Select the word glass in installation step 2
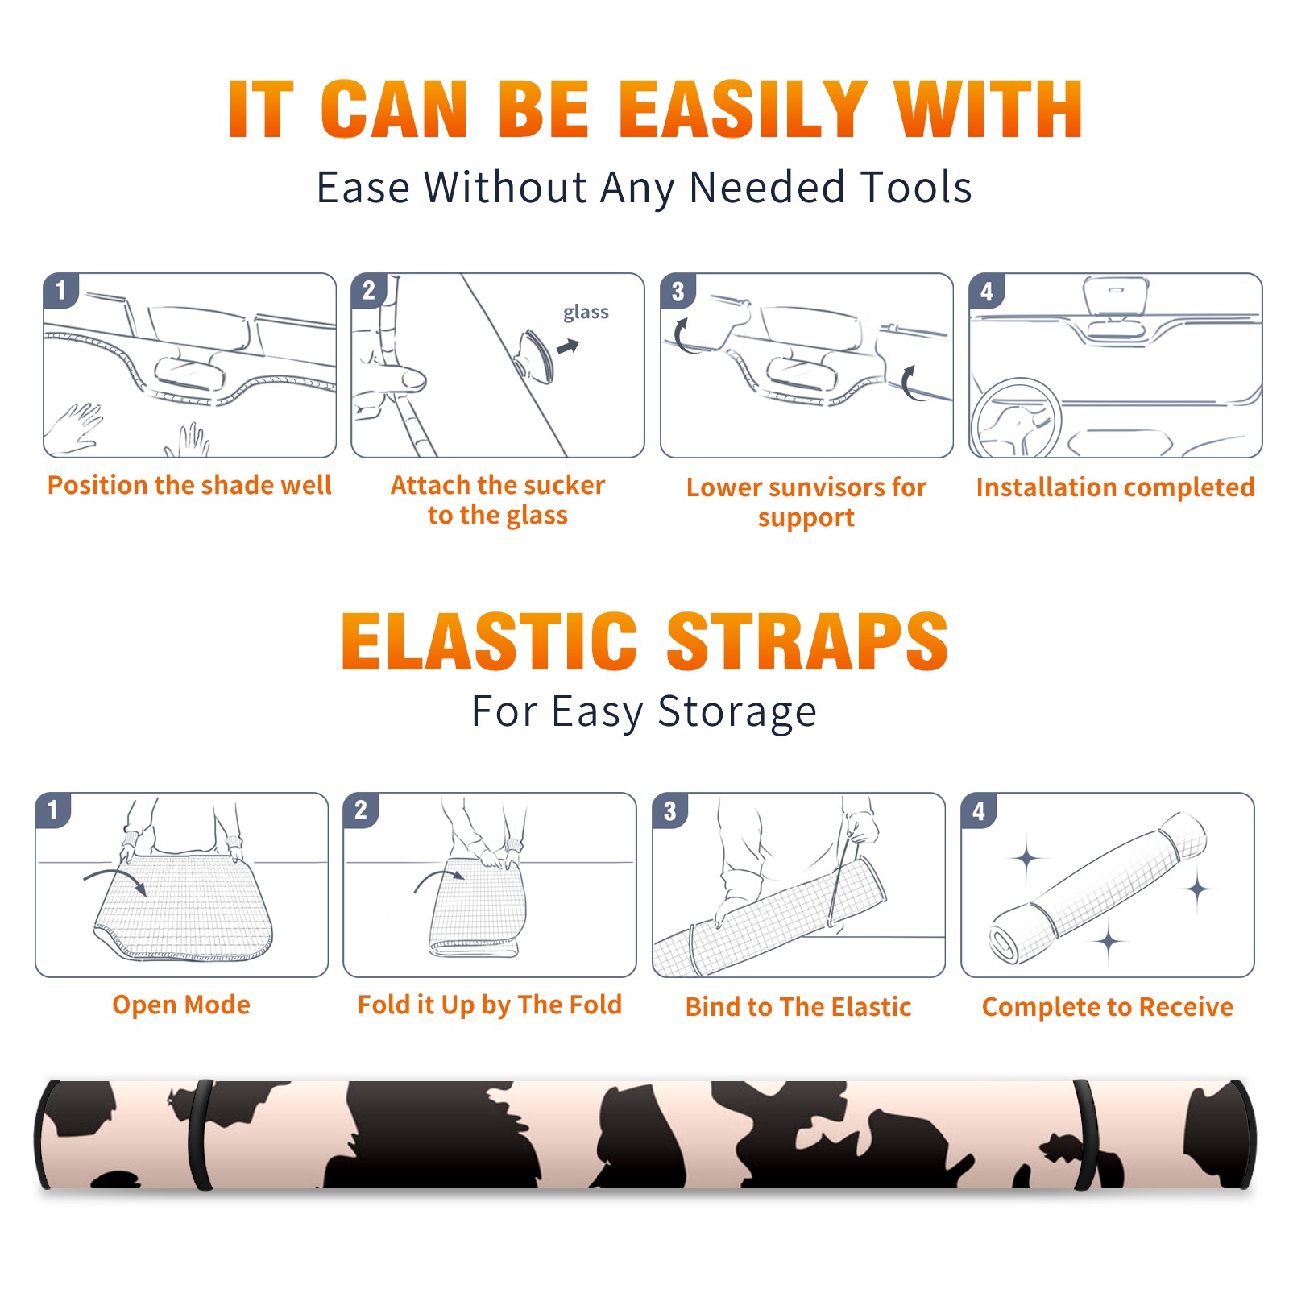click(586, 313)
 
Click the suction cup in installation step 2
click(535, 356)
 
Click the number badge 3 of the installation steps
click(678, 292)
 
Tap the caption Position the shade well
click(189, 485)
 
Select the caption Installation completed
click(1115, 487)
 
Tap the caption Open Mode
click(181, 1005)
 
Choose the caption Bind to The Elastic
click(798, 1007)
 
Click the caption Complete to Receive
click(1108, 1007)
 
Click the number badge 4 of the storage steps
click(979, 811)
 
